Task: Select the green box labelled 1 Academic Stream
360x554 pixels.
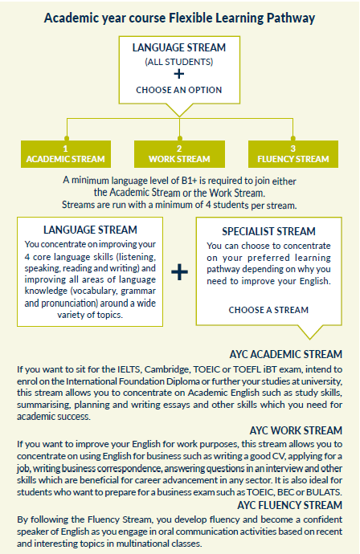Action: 66,154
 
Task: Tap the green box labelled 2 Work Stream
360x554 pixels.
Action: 179,154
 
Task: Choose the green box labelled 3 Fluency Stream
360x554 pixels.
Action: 293,154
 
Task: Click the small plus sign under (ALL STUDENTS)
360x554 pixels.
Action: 179,74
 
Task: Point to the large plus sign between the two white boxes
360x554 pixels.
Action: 180,272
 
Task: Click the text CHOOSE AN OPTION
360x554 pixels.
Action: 179,90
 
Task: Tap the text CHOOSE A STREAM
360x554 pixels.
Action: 268,310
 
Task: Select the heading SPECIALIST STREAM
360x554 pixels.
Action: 268,231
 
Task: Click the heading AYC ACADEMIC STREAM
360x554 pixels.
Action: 286,354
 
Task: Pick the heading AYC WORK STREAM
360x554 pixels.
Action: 296,430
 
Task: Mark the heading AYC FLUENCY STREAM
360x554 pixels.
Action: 289,505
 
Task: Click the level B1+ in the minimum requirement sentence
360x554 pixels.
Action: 189,180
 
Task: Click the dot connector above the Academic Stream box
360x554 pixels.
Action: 67,138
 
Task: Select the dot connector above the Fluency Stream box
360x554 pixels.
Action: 292,138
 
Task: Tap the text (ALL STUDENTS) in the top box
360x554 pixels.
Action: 179,62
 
